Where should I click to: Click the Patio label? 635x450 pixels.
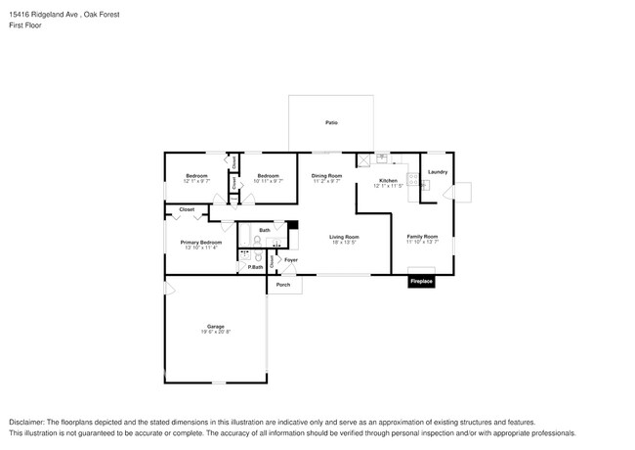(331, 123)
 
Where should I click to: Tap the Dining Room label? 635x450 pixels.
(326, 175)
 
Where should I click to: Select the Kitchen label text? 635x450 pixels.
(388, 181)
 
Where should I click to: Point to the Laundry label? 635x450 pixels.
(437, 172)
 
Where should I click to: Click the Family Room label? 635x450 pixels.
(422, 236)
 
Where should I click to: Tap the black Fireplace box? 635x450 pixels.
(421, 282)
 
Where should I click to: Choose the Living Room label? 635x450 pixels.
(344, 236)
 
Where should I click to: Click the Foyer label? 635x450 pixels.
(291, 260)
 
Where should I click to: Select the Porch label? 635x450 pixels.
(283, 285)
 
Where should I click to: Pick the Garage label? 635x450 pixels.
(215, 326)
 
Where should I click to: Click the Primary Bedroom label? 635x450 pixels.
(200, 242)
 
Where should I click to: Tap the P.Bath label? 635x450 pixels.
(254, 267)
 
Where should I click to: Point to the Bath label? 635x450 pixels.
(265, 231)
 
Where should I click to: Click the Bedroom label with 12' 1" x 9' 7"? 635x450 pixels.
(196, 176)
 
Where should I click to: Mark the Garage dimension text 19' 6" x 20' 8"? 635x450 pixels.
(215, 333)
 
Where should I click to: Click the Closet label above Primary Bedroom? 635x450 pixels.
(186, 209)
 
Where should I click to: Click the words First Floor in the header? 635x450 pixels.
(25, 25)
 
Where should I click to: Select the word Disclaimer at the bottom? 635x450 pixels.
(30, 421)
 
